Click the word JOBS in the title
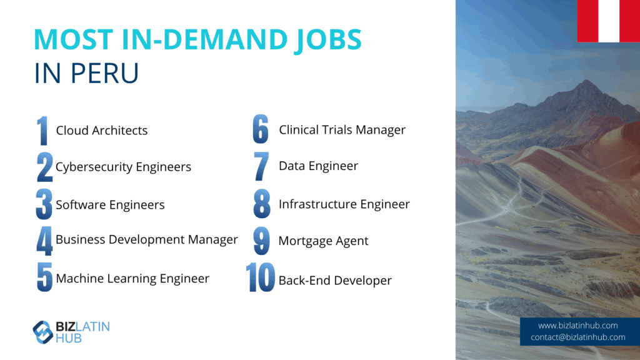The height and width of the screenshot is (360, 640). coord(327,41)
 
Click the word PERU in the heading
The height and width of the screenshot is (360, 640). coord(104,73)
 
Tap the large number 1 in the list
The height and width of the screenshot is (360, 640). coord(42,131)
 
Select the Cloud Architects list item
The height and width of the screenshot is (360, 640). coord(102,130)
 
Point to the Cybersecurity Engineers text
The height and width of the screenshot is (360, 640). coord(123,167)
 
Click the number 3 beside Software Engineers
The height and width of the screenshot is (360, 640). coord(44,204)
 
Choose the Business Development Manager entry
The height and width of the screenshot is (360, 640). coord(146,239)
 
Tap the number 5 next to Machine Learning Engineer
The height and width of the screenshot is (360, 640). coord(44,277)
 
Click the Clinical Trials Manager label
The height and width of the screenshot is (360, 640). coord(342,130)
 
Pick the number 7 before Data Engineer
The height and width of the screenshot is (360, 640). coord(261,166)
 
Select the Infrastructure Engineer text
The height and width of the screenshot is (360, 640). coord(344,204)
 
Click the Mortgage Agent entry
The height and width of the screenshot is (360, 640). coord(323,241)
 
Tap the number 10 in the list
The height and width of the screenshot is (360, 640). coord(261,277)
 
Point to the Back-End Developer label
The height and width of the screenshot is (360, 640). coord(335,281)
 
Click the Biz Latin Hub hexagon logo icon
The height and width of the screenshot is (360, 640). coord(43,332)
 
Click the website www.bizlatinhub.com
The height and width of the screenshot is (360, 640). coord(577,326)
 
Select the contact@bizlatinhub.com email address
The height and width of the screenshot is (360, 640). coord(578,337)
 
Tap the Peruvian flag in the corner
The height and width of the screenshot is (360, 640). coord(609,21)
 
